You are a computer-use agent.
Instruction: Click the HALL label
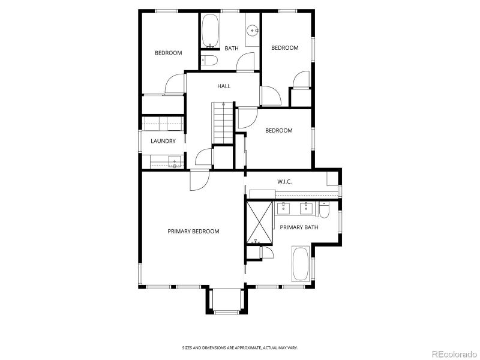tap(223, 86)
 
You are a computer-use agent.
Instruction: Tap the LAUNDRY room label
tap(163, 142)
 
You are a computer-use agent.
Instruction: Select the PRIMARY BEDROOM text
tap(193, 231)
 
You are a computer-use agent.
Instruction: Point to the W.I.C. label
tap(284, 181)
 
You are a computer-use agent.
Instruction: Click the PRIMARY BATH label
tap(299, 227)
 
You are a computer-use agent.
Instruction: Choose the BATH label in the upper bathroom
tap(232, 49)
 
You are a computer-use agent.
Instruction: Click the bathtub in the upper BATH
tap(210, 31)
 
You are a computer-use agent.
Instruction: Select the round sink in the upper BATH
tap(253, 29)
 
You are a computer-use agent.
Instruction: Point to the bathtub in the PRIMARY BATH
tap(301, 264)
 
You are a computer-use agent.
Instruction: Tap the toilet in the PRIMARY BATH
tap(325, 211)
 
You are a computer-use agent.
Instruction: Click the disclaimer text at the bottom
tap(240, 347)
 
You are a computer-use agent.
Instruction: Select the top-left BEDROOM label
tap(168, 53)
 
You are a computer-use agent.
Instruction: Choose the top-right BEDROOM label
tap(284, 48)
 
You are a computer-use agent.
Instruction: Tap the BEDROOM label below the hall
tap(279, 131)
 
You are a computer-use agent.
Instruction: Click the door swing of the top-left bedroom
tap(175, 84)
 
